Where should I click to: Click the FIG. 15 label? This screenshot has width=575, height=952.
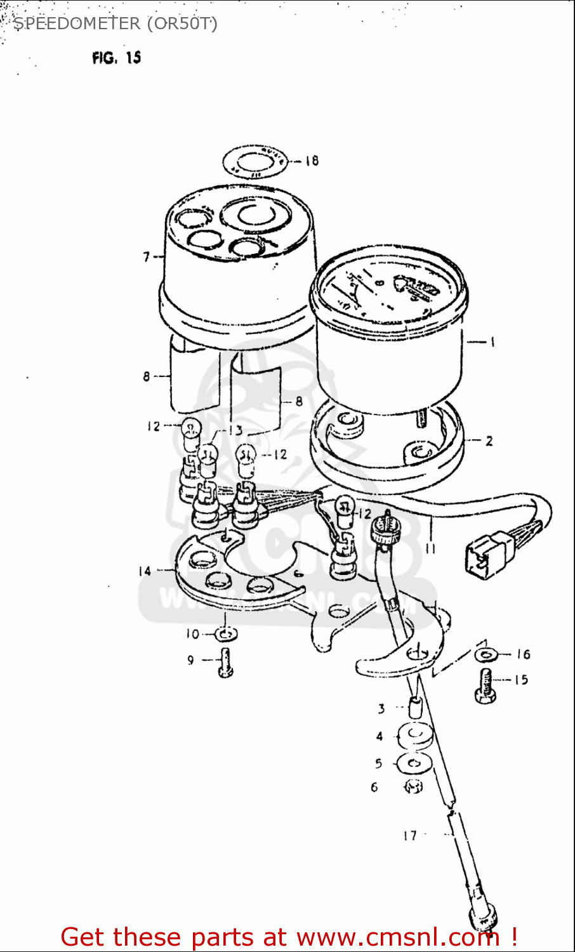[x=116, y=58]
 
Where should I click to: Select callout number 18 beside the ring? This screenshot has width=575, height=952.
[x=311, y=161]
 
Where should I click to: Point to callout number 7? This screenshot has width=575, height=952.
[x=147, y=256]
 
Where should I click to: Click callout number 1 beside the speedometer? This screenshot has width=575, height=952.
[x=492, y=342]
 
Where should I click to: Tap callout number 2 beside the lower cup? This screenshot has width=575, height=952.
[x=489, y=440]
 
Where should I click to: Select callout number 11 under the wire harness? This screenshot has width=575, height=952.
[x=430, y=548]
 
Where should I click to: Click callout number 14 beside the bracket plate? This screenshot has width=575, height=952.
[x=145, y=571]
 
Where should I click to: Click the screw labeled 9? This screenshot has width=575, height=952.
[x=225, y=664]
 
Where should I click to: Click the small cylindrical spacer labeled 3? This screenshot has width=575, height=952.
[x=414, y=706]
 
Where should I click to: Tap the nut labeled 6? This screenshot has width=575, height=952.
[x=413, y=787]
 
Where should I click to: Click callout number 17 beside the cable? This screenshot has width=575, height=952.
[x=409, y=836]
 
